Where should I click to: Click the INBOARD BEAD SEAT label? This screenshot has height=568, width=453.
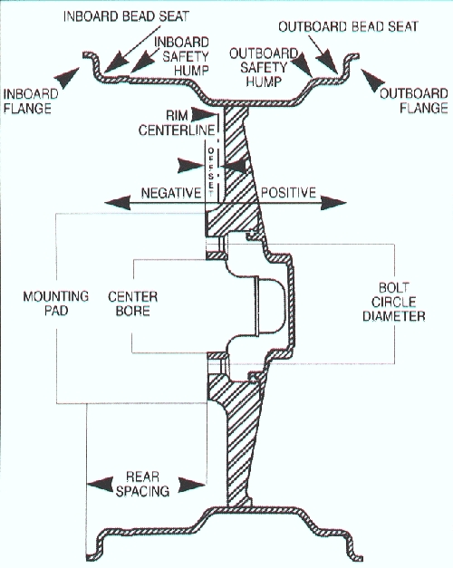coord(126,16)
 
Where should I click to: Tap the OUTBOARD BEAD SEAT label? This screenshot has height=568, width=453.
coord(348,26)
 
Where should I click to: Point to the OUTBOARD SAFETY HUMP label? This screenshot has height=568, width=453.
coord(264,67)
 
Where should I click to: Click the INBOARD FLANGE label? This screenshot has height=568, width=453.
coord(31,101)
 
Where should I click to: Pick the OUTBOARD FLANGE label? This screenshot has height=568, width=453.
coord(414,101)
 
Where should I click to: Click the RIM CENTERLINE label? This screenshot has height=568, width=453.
coord(177,123)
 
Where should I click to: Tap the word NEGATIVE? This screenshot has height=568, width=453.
coord(170,193)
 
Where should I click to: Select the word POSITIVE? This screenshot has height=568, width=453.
coord(288,192)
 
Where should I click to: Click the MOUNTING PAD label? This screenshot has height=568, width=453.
coord(56,303)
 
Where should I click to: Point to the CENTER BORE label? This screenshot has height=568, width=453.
coord(132,303)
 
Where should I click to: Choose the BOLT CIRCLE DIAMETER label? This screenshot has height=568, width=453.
coord(393,302)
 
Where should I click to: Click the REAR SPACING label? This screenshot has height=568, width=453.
coord(142,484)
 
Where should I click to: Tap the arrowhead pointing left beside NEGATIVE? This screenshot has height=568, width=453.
coord(118,203)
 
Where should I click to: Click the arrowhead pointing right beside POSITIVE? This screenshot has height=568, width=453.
coord(333,203)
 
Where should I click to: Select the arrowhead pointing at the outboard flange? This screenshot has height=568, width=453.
coord(372,80)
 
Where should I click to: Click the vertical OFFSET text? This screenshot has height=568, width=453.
coord(211,172)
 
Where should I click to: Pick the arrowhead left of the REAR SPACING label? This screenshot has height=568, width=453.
coord(101,485)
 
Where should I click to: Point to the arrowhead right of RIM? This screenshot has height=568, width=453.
coord(204,114)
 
